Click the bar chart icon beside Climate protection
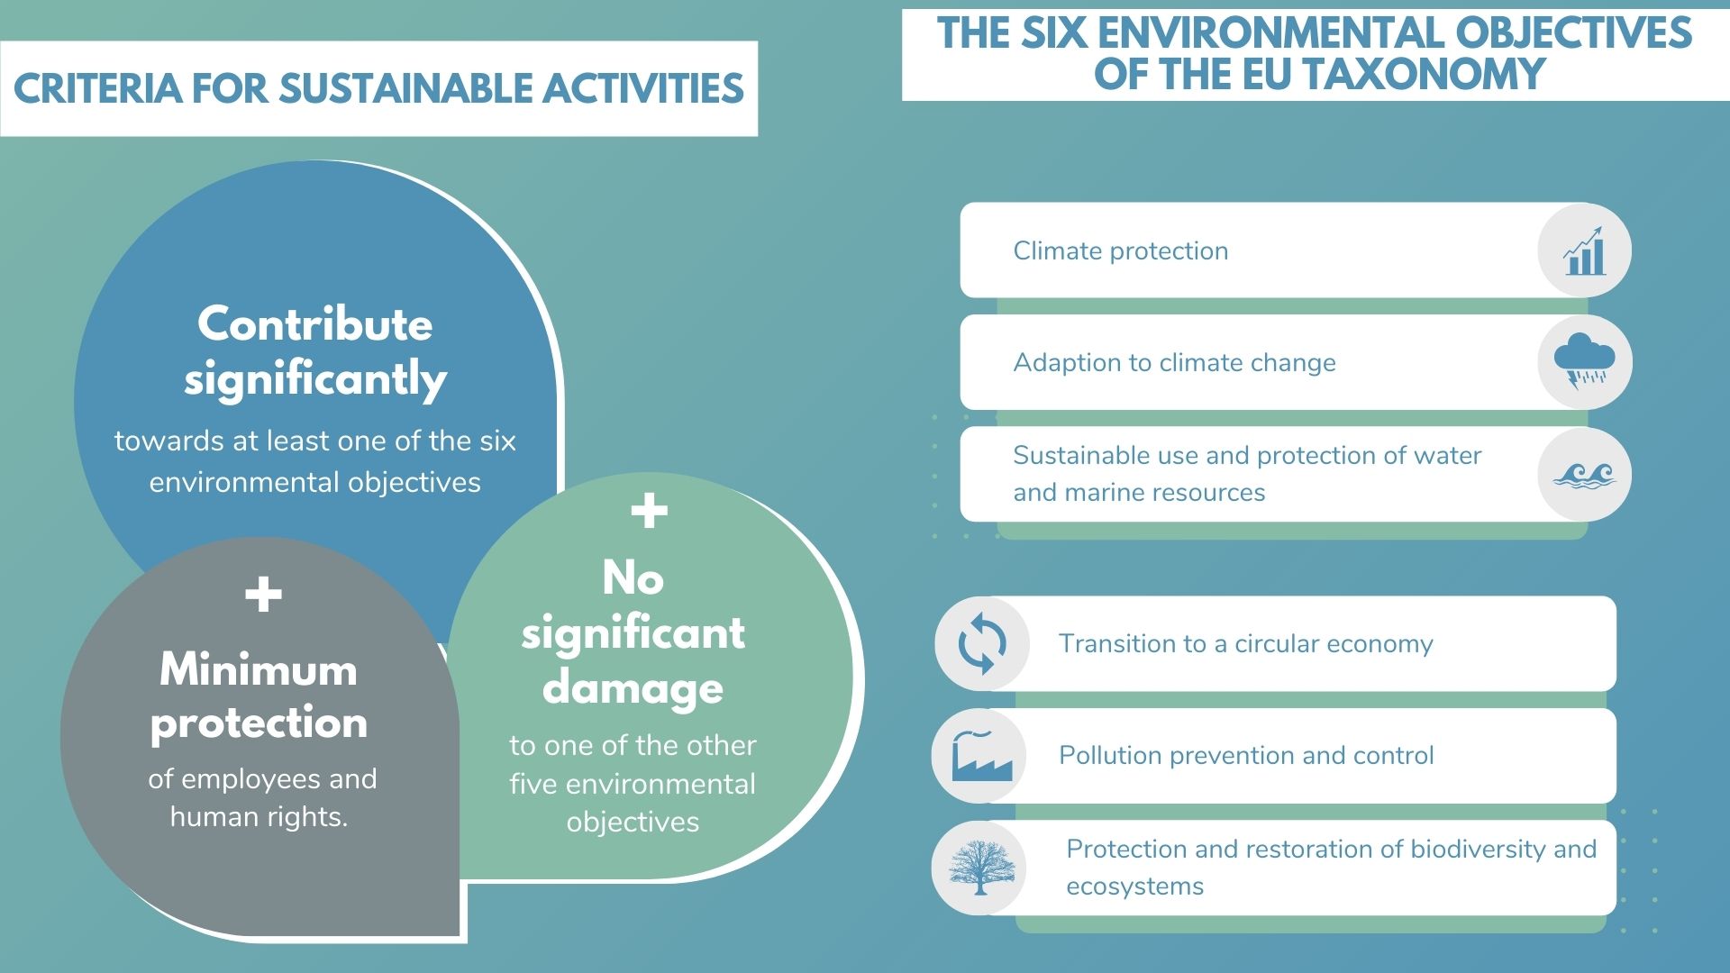pyautogui.click(x=1585, y=250)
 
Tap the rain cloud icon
pyautogui.click(x=1585, y=361)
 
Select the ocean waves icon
pyautogui.click(x=1585, y=475)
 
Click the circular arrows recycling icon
pyautogui.click(x=982, y=643)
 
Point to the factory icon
pyautogui.click(x=982, y=755)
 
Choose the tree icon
pyautogui.click(x=981, y=868)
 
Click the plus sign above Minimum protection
pyautogui.click(x=263, y=595)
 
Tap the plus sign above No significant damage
pyautogui.click(x=649, y=511)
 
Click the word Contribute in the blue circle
pyautogui.click(x=314, y=323)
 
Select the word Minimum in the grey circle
pyautogui.click(x=259, y=669)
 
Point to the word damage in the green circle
pyautogui.click(x=633, y=688)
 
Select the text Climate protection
pyautogui.click(x=1120, y=250)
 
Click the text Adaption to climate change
pyautogui.click(x=1174, y=362)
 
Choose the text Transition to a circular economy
pyautogui.click(x=1245, y=643)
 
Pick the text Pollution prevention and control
pyautogui.click(x=1246, y=755)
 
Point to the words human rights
pyautogui.click(x=259, y=816)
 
